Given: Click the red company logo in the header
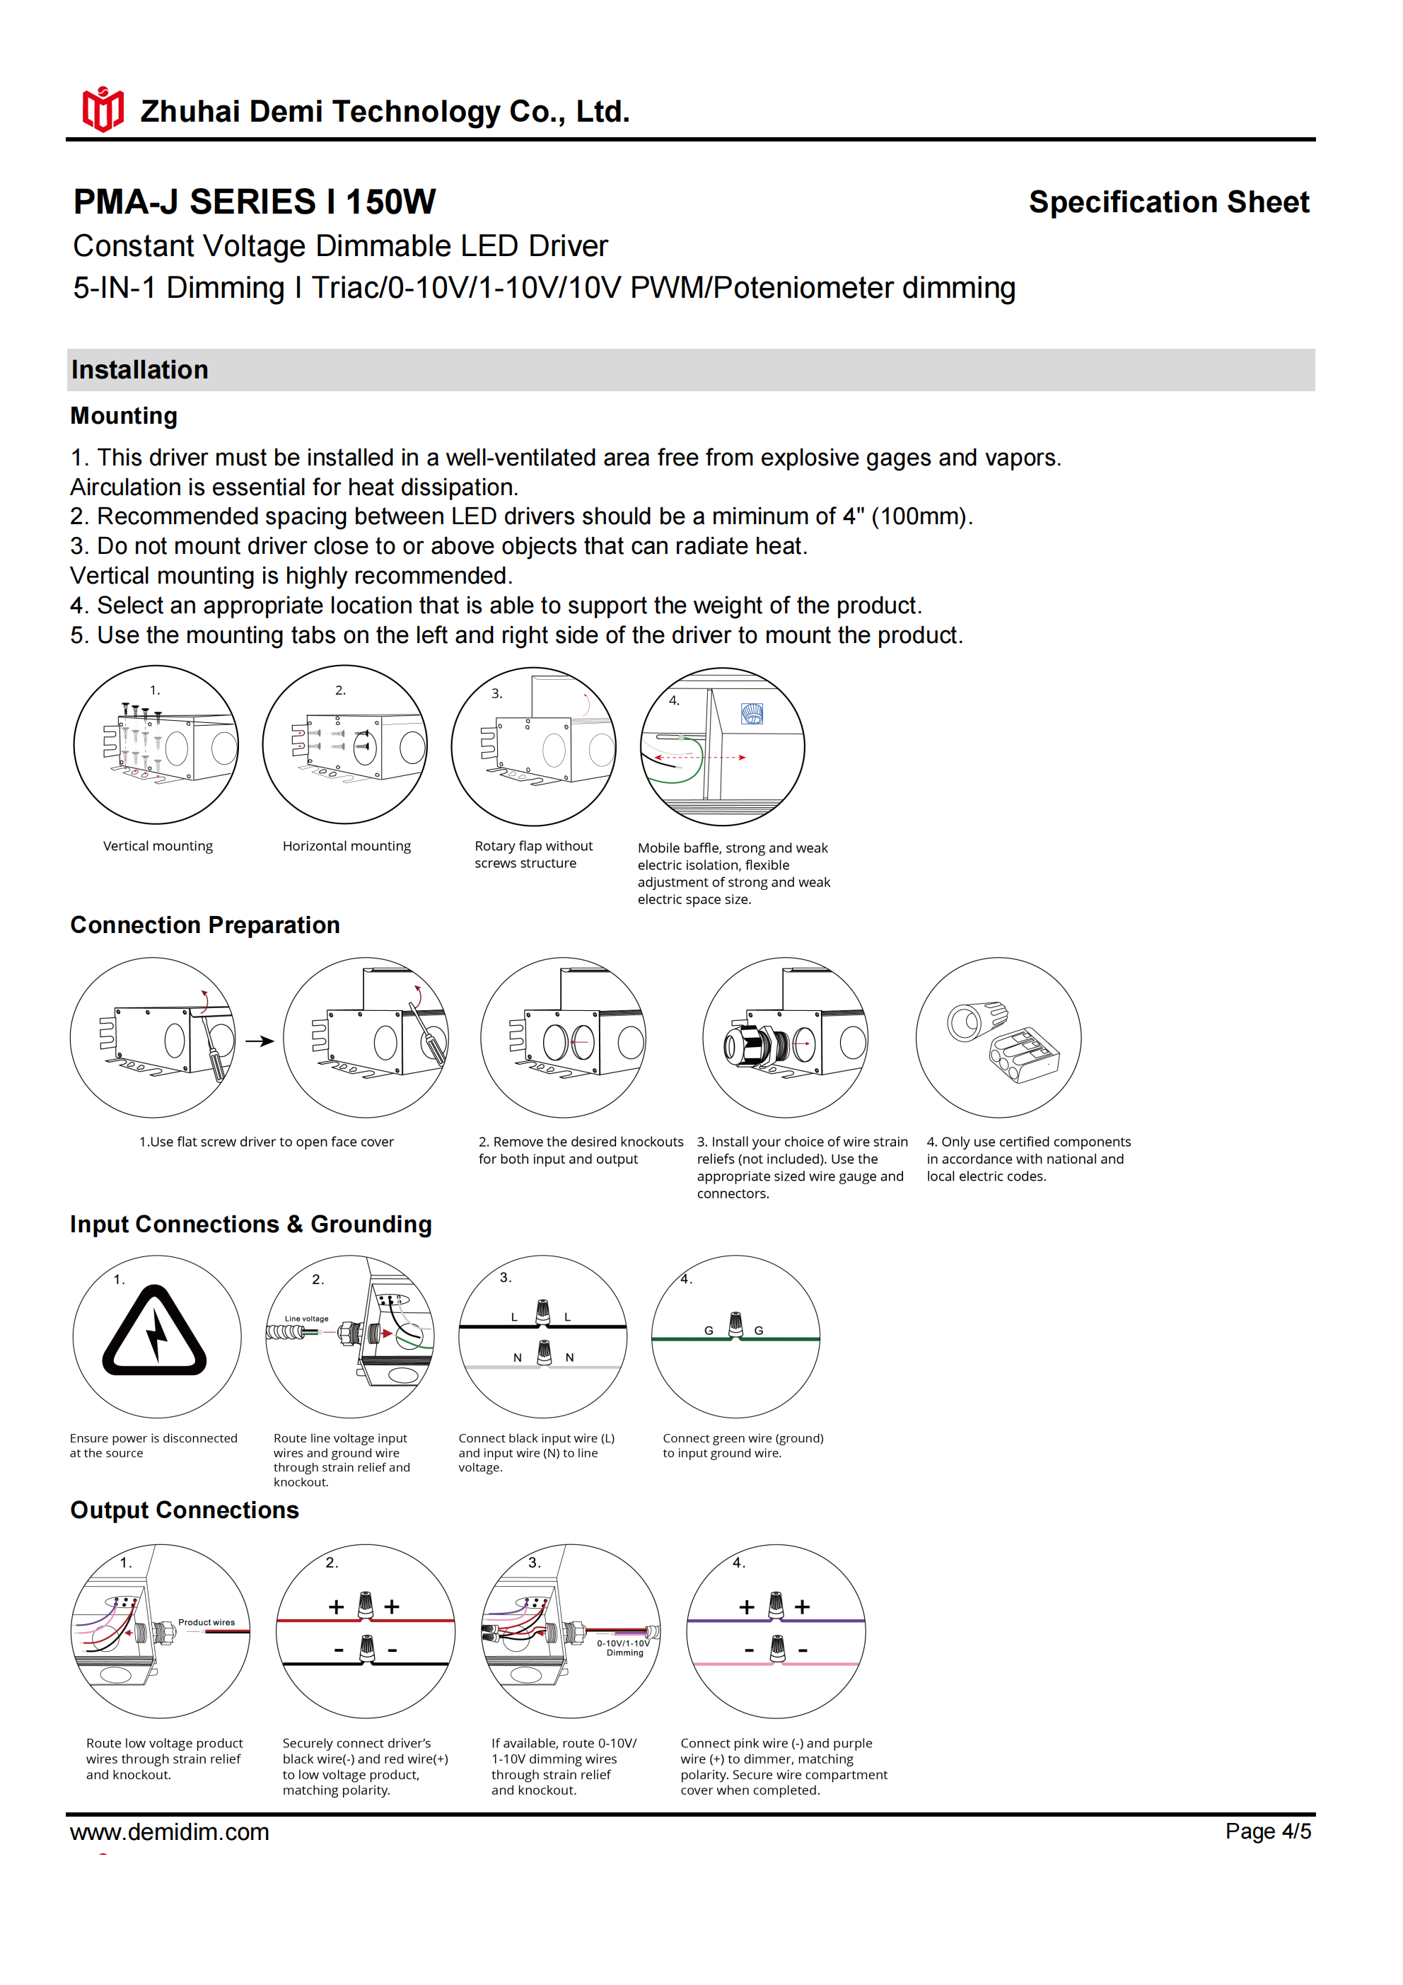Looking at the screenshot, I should tap(103, 109).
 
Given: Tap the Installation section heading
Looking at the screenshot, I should tap(140, 370).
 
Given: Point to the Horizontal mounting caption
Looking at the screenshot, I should tap(347, 845).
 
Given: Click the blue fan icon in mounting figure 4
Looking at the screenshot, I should tap(752, 713).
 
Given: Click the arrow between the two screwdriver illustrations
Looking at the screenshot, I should tap(260, 1041).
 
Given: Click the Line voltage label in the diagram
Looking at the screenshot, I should tap(307, 1319).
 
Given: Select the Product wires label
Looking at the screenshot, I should tap(206, 1622).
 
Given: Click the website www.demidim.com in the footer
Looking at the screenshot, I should tap(170, 1832).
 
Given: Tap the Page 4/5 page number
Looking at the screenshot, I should tap(1267, 1831).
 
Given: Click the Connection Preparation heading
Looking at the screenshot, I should tap(205, 925).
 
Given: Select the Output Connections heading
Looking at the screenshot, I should tap(184, 1510).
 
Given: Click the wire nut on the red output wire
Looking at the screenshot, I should tap(366, 1604).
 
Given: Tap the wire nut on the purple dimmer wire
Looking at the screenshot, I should tap(776, 1604).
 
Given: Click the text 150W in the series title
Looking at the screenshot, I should tap(391, 202).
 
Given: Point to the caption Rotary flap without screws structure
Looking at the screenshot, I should tap(532, 854).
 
